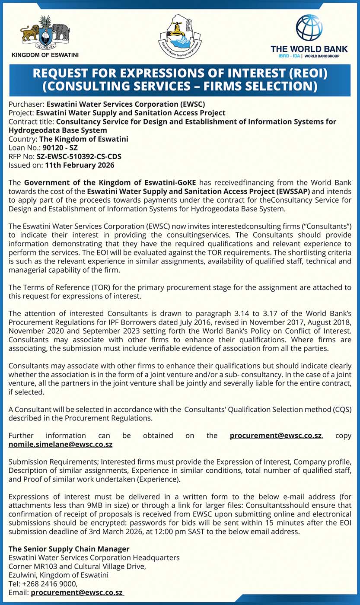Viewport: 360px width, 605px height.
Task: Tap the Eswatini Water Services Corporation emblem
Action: click(x=180, y=36)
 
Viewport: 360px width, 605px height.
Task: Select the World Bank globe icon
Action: click(x=309, y=28)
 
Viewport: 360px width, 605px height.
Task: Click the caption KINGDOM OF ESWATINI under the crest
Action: click(x=45, y=55)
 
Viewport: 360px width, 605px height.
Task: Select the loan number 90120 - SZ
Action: click(x=60, y=147)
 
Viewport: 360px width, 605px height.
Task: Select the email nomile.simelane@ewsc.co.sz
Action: click(x=61, y=444)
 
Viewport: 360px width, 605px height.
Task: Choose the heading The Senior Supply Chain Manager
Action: click(x=69, y=549)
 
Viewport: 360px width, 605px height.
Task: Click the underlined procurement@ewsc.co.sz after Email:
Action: click(x=77, y=593)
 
